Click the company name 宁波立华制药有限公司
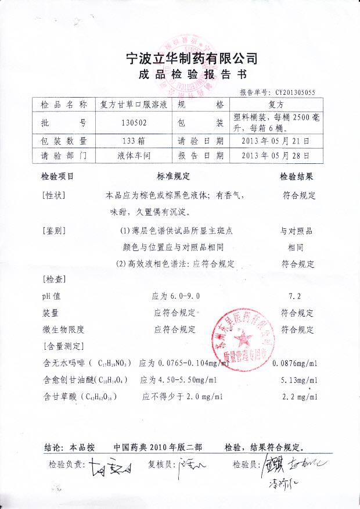point(191,59)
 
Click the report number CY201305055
point(295,92)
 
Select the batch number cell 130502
point(134,123)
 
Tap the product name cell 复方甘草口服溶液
point(134,105)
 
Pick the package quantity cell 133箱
point(133,141)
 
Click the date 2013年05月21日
point(275,141)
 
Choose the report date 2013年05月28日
point(275,156)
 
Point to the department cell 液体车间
point(134,156)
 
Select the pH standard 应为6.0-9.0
point(175,296)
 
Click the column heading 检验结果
point(297,176)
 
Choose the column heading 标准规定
point(173,176)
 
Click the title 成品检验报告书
point(192,76)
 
